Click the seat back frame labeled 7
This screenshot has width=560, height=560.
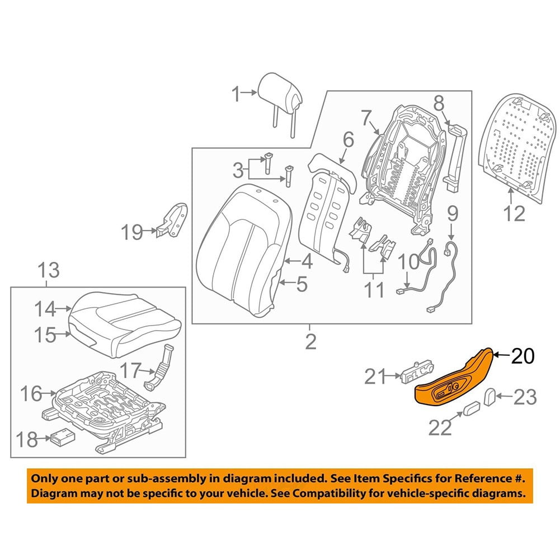coord(400,162)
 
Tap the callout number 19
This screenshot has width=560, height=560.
coord(133,231)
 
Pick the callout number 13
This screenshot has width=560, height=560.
coord(49,272)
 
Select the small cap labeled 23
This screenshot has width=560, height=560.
coord(490,397)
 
